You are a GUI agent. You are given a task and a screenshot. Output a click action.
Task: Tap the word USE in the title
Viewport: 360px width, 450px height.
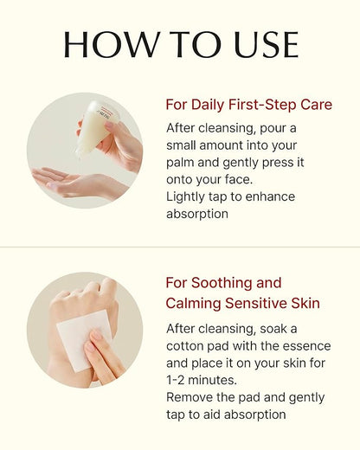267,44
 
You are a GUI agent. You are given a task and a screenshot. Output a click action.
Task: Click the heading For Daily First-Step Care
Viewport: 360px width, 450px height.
249,105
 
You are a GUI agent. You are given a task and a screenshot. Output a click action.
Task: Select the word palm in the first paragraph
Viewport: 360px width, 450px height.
180,163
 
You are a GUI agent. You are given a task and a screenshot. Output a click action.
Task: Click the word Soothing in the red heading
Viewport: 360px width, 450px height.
222,283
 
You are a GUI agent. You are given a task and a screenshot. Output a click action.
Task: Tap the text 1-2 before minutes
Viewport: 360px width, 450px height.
175,380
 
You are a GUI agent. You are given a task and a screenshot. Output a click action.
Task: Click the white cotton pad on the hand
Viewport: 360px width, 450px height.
84,340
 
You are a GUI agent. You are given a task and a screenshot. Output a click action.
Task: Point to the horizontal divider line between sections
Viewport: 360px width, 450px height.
180,247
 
